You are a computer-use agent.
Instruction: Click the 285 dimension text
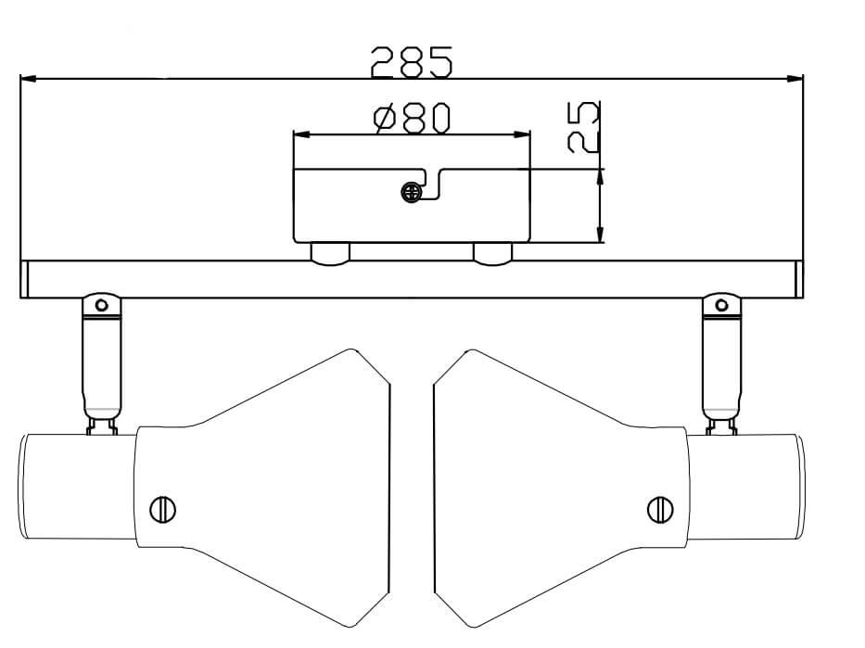412,61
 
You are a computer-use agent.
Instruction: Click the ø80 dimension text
412,118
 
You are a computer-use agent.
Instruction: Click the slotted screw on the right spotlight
659,509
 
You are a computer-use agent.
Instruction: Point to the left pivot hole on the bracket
102,304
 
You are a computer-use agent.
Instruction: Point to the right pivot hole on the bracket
720,304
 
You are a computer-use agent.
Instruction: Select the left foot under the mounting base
329,254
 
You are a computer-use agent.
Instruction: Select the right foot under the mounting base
492,254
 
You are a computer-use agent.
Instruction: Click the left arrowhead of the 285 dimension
28,79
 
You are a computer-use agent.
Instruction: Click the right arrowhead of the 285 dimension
795,79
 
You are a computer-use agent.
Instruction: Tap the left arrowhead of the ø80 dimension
301,135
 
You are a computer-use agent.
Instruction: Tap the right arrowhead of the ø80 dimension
523,135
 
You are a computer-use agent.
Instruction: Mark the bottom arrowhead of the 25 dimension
601,235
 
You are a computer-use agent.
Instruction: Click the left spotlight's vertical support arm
101,366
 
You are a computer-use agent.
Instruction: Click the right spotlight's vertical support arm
720,366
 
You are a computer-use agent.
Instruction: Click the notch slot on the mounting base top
431,183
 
